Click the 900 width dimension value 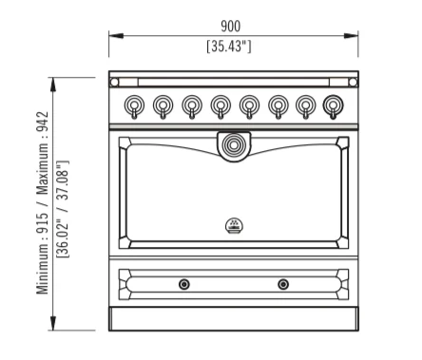230,27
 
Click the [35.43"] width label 229,47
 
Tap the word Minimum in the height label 43,270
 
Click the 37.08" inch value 63,180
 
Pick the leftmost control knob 134,105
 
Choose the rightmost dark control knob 333,105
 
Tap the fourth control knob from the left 221,105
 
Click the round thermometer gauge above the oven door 234,145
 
